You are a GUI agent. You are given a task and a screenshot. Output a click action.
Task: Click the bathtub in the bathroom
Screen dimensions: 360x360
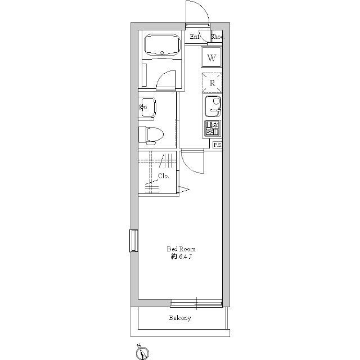(x=162, y=45)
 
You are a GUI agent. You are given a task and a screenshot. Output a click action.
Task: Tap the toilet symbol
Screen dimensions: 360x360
(x=151, y=135)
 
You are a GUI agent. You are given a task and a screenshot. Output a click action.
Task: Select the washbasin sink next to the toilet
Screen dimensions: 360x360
(x=147, y=107)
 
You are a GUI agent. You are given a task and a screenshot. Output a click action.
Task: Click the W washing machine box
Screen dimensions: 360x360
(x=211, y=57)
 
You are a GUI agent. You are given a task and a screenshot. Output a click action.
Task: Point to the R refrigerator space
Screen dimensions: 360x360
(x=212, y=83)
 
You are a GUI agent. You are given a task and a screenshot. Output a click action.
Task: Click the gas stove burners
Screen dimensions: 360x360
(x=213, y=128)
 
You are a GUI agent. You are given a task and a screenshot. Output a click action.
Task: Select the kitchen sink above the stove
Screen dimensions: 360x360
(x=213, y=106)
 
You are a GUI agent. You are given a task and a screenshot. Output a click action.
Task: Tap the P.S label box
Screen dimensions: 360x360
(x=217, y=145)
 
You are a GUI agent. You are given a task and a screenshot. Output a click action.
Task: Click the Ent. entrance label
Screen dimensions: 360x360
(x=195, y=37)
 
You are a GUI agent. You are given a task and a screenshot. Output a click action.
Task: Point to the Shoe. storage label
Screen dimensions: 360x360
(x=218, y=37)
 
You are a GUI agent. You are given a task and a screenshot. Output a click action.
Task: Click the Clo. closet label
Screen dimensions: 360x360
(x=163, y=176)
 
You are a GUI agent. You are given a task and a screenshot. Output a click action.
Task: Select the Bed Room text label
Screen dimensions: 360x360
(x=181, y=249)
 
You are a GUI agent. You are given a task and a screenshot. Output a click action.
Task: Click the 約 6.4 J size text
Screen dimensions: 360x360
(x=181, y=256)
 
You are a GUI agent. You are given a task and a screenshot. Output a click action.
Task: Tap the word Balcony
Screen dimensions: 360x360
(x=180, y=318)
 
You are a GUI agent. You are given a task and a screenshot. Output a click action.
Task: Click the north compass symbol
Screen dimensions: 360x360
(x=142, y=352)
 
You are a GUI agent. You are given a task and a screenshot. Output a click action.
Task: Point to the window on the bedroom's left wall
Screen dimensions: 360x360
(x=134, y=241)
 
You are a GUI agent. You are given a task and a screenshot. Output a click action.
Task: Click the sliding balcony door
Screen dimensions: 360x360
(x=196, y=304)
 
